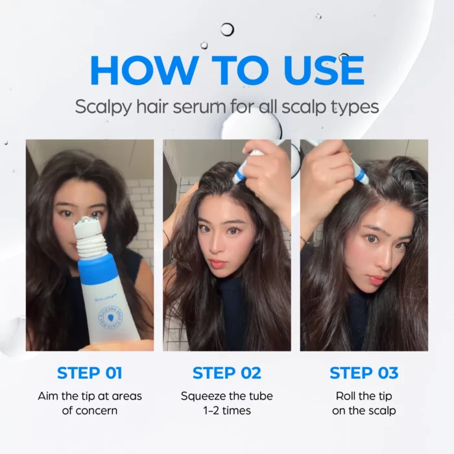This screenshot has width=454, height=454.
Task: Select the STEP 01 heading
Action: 90,373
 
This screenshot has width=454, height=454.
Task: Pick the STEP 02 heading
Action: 227,373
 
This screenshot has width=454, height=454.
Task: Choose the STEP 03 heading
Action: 364,373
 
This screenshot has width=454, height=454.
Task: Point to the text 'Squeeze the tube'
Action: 227,396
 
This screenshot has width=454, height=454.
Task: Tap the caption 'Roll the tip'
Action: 364,396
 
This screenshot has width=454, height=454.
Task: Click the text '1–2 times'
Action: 227,411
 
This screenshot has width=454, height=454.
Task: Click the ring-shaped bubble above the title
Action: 227,29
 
